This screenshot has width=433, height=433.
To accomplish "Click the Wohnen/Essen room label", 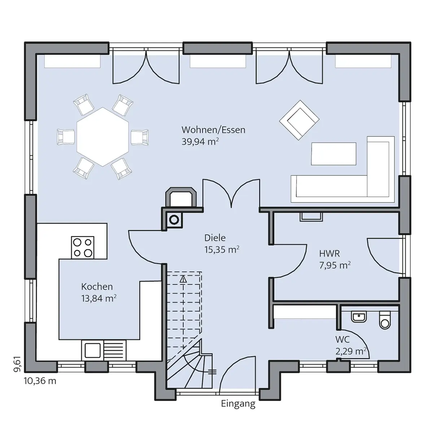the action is pos(213,130).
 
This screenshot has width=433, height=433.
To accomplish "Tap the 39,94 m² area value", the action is pos(200,142).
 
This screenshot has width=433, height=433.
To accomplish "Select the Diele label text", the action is pos(215,238).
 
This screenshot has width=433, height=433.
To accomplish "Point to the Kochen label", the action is pos(97,287).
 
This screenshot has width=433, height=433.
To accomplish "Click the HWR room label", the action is pos(329,254).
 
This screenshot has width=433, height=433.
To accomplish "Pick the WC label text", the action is pos(342,340).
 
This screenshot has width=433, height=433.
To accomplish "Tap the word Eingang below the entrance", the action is pos(238,404).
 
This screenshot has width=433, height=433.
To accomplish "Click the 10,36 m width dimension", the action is pos(40,381).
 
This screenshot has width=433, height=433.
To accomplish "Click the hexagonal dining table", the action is pos(103,137).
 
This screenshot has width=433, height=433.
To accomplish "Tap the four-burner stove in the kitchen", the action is pos(83,248).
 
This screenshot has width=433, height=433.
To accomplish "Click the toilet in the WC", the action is pos(385,320).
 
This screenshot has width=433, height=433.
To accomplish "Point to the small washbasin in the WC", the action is pos(359,317).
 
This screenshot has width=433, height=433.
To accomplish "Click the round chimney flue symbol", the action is pos(174,220).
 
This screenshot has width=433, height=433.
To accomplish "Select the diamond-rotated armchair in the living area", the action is pos(299,120).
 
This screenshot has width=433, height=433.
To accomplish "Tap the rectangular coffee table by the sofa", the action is pos(333,154).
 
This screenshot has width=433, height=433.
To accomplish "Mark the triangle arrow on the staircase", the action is pos(183,279).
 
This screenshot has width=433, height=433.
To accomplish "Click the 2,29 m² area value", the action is pos(351,351).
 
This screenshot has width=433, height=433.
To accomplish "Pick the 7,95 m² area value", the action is pos(335,265).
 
